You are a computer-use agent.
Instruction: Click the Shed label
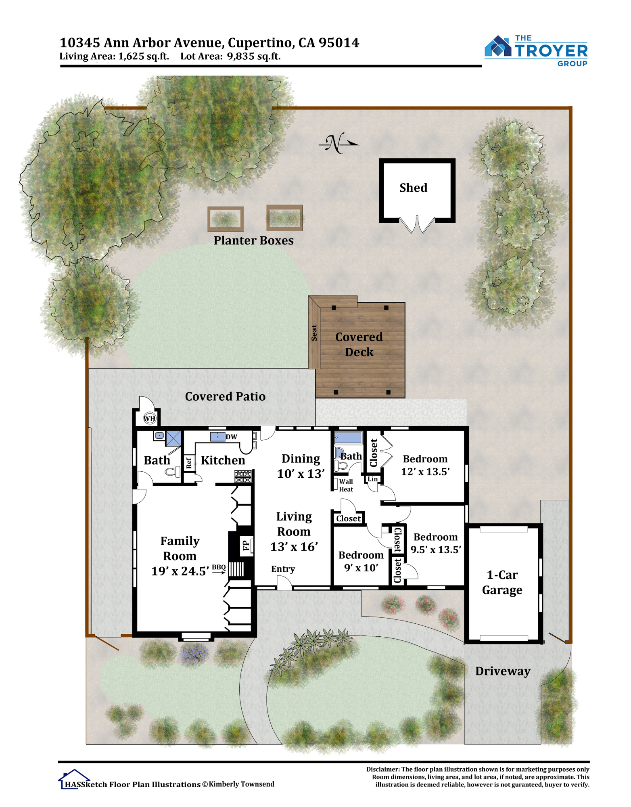pos(413,188)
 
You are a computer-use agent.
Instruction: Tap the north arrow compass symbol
pos(338,143)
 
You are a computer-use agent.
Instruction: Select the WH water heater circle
pos(150,418)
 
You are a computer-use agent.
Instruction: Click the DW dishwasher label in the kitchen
pos(232,437)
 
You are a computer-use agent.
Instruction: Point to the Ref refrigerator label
pos(188,463)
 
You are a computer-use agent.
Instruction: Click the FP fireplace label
pos(246,546)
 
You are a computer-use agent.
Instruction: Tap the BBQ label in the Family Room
pos(219,567)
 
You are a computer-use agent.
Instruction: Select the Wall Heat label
pos(346,485)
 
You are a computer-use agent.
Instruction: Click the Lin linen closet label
pos(372,479)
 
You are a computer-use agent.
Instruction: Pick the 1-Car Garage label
pos(502,582)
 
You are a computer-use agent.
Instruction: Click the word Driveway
pos(503,671)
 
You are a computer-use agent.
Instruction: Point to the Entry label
pos(283,569)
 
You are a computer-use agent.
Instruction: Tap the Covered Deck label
pos(359,344)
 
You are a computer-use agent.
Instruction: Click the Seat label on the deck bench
pos(314,333)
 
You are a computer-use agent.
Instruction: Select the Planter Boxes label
pos(253,240)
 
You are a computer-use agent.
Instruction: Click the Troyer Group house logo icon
pos(498,46)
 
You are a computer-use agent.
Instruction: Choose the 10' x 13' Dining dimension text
pos(301,473)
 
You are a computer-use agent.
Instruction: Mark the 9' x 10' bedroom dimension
pos(361,568)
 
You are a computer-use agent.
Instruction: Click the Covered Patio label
pos(225,396)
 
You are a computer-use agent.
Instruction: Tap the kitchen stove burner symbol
pos(243,476)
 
